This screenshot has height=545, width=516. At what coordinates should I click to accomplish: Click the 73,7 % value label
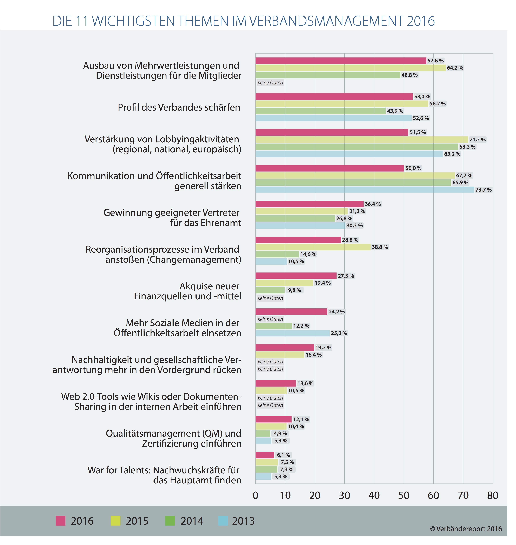(x=483, y=190)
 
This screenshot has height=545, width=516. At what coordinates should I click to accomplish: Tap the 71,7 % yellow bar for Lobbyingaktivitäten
(x=362, y=139)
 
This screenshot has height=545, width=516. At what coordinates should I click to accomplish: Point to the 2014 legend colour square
(x=170, y=521)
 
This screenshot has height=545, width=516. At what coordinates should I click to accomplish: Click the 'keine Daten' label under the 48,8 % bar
(x=270, y=82)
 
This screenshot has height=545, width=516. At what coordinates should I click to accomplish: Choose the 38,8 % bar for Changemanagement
(x=313, y=247)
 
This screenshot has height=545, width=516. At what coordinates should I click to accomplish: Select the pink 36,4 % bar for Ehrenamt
(x=309, y=204)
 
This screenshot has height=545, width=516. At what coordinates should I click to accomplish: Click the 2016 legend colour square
(x=61, y=521)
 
